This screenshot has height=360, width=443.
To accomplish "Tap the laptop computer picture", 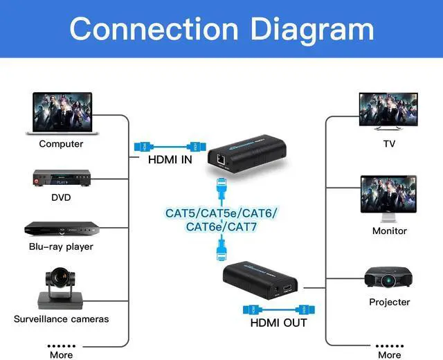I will point(61,114).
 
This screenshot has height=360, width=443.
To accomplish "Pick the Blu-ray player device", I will point(60,228).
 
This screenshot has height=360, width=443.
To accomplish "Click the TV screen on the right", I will point(389,111).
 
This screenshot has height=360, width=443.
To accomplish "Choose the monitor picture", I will point(389,197).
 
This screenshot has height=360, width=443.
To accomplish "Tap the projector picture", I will point(389,276).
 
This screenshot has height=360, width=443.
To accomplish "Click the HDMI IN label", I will point(170,160).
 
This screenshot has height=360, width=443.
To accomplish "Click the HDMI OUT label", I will point(278,322).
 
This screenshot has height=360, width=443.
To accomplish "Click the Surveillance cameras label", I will point(61,319).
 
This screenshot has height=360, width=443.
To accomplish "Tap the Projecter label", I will point(389,302).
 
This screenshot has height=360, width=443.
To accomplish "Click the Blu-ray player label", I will point(61,246).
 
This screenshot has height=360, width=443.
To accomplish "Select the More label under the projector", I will point(389,354).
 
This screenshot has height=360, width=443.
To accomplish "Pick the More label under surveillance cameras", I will point(61,354).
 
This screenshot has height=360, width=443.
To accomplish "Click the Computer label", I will point(61,144).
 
